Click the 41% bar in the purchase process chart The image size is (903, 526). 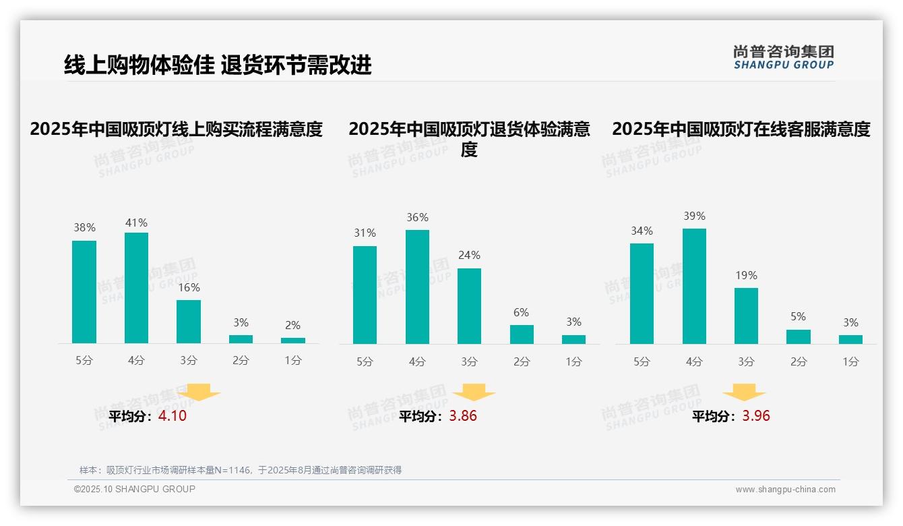(136, 288)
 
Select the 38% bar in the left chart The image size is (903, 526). (84, 292)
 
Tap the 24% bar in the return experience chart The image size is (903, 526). (469, 306)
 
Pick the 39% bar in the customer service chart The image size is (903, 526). (694, 286)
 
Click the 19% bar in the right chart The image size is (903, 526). (746, 316)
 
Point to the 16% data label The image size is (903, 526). (189, 287)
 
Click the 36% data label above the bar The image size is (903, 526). (417, 217)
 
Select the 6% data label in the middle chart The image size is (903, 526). (522, 312)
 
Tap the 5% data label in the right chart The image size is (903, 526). (798, 316)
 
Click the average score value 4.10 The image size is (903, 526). (173, 416)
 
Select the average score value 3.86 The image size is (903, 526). (463, 416)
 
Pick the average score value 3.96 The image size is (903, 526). (756, 416)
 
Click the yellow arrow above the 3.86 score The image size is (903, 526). (474, 392)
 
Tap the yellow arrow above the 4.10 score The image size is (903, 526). (199, 392)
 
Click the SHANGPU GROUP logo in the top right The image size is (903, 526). (783, 57)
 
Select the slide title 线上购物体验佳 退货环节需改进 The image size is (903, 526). (218, 65)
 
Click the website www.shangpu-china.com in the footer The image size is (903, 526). (785, 490)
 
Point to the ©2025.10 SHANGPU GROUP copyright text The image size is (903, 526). (135, 489)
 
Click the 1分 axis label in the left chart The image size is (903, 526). (293, 361)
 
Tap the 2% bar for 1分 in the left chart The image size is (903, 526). (293, 341)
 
